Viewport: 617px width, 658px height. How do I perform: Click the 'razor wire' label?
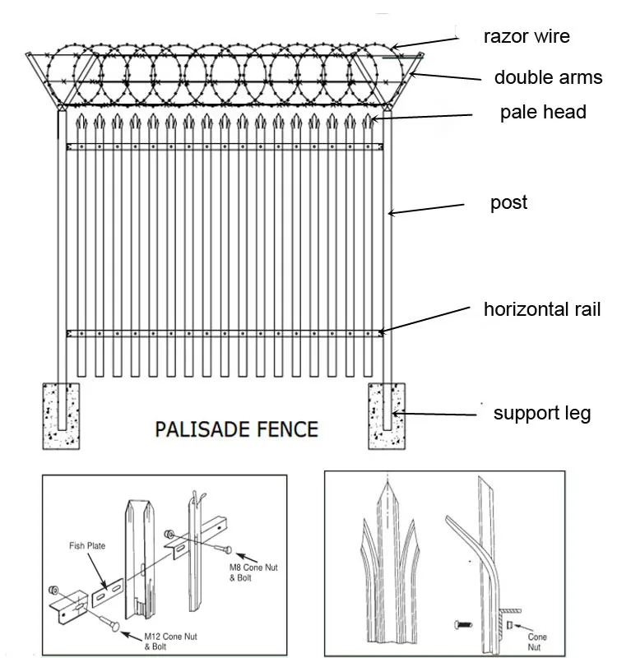pyautogui.click(x=527, y=36)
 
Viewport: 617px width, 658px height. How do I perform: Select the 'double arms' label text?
pyautogui.click(x=548, y=78)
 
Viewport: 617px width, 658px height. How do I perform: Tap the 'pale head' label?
pyautogui.click(x=543, y=113)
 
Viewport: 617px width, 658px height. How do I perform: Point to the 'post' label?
pyautogui.click(x=508, y=203)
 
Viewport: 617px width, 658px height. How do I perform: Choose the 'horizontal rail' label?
pyautogui.click(x=542, y=309)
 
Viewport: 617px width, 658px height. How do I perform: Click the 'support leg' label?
pyautogui.click(x=541, y=413)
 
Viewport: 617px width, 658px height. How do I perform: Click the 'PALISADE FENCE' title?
pyautogui.click(x=237, y=429)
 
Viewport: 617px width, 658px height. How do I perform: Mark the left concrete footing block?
pyautogui.click(x=62, y=415)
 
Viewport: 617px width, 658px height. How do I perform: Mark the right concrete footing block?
pyautogui.click(x=387, y=415)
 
